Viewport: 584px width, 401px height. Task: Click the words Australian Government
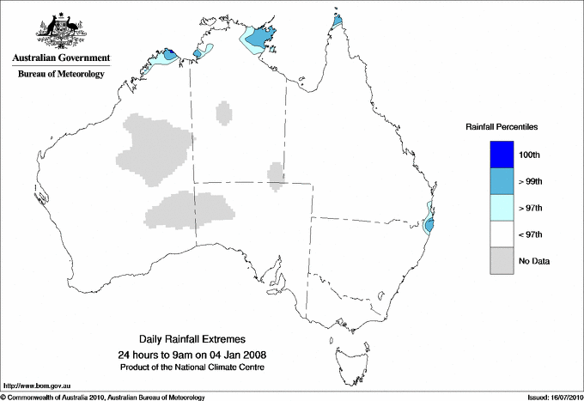[60, 58]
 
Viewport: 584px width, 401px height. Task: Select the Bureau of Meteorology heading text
[60, 74]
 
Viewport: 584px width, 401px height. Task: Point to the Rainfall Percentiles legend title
[502, 126]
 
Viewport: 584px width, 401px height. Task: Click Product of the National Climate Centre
[198, 368]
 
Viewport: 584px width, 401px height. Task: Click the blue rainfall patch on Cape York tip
[338, 20]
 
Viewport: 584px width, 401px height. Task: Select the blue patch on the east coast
[429, 223]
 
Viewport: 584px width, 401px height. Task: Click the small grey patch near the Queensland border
[276, 174]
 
